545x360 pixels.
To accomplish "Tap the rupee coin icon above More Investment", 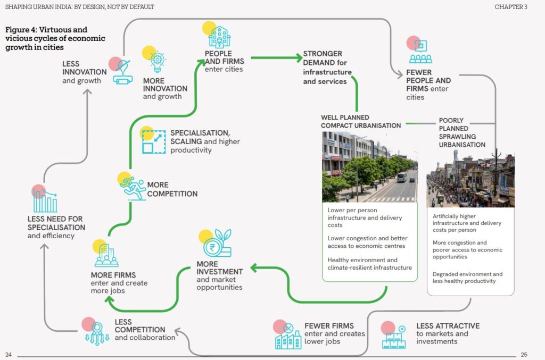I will click(214, 246).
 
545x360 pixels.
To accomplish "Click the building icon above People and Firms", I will click(219, 36).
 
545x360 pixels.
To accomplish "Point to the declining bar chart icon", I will click(45, 200).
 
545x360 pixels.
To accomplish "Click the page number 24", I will click(9, 355).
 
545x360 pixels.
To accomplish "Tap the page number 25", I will click(524, 355).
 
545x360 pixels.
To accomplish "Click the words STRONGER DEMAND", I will click(323, 54).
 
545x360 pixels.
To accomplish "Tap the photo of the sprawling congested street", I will click(470, 181).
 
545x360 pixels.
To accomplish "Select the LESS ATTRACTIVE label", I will click(448, 326).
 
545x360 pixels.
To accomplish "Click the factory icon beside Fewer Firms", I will click(288, 337).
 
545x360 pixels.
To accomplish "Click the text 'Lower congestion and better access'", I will click(366, 242).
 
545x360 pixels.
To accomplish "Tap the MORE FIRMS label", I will click(113, 275).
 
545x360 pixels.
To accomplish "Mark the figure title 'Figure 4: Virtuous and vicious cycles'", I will click(55, 38).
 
